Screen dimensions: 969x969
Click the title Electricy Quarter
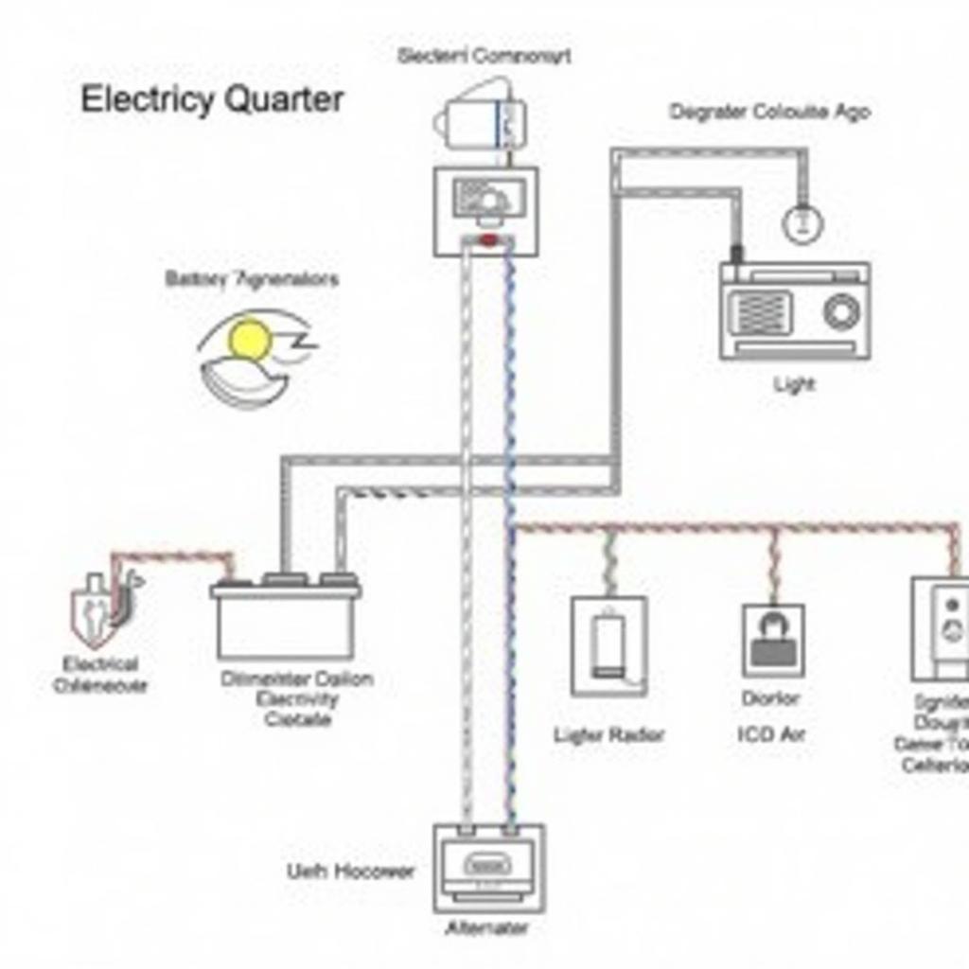click(211, 99)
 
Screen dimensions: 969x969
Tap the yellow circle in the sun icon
click(251, 340)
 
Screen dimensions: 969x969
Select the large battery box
click(284, 620)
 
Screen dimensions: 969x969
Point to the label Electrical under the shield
click(100, 664)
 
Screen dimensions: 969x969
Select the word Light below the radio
click(793, 384)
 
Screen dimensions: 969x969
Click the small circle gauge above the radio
click(802, 223)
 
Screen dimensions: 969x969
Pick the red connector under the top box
click(488, 240)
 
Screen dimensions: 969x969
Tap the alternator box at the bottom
click(489, 867)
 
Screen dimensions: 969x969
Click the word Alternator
click(487, 928)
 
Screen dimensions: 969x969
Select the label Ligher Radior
click(608, 735)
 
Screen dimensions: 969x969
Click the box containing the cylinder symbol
click(608, 645)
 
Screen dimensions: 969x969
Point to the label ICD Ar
click(770, 733)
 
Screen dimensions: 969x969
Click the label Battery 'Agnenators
click(251, 279)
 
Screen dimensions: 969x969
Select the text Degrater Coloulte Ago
click(769, 112)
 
